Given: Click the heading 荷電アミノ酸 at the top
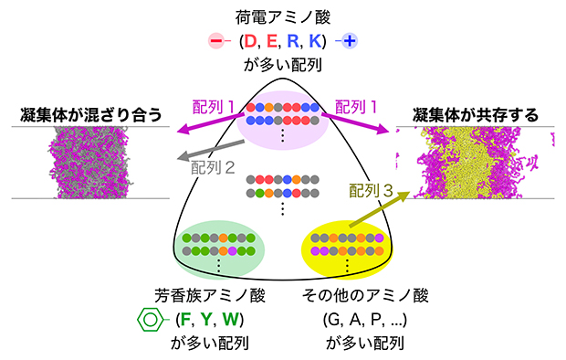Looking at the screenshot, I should pyautogui.click(x=282, y=16).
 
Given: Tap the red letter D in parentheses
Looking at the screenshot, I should pyautogui.click(x=248, y=41).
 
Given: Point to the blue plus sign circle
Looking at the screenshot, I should pyautogui.click(x=350, y=41).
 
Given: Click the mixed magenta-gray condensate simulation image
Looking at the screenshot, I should pyautogui.click(x=91, y=163).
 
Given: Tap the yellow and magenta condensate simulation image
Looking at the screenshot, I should pyautogui.click(x=476, y=163).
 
